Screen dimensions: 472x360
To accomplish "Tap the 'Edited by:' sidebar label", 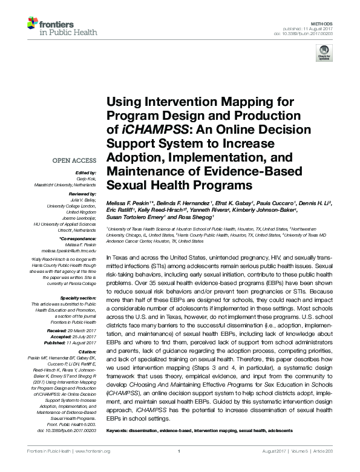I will click(x=87, y=172).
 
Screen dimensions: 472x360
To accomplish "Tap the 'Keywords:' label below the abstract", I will click(x=120, y=430).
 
